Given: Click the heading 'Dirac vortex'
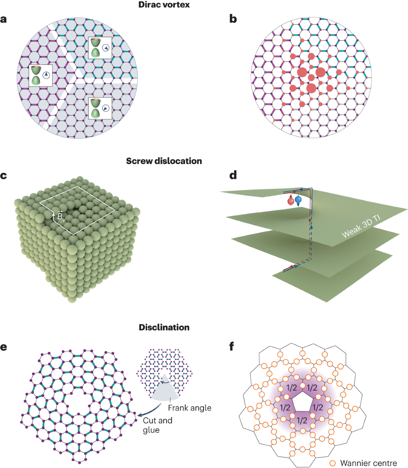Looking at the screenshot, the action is [164, 5].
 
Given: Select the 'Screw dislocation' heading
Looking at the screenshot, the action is [164, 161].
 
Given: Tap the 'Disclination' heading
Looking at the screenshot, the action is [164, 327].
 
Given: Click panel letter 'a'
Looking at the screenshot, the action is [4, 19].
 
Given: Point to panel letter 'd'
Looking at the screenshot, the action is [233, 175].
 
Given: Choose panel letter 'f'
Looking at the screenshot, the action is [232, 347].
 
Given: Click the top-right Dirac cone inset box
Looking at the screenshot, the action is [100, 48].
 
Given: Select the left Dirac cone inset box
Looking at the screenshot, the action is [41, 75].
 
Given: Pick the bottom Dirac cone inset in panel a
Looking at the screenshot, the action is [100, 108].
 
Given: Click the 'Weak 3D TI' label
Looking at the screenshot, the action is [361, 227].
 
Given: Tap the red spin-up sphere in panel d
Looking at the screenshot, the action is [291, 201].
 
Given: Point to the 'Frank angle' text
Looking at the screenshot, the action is [189, 408].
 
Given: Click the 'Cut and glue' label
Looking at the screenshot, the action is [157, 425].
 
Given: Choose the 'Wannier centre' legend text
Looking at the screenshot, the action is [369, 463].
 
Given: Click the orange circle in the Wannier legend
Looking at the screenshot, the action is [333, 463].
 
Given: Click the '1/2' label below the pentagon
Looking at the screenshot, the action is [302, 420].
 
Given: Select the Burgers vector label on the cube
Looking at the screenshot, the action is [61, 217].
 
